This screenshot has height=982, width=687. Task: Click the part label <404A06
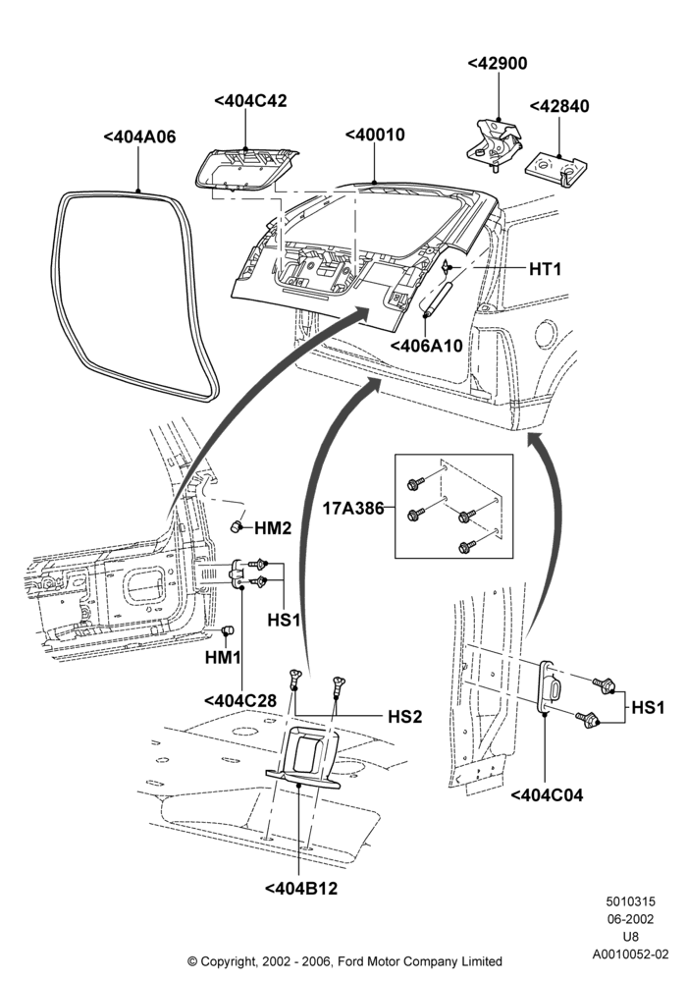pyautogui.click(x=139, y=136)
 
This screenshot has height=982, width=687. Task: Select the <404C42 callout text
pyautogui.click(x=250, y=101)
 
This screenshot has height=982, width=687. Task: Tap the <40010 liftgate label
pyautogui.click(x=375, y=135)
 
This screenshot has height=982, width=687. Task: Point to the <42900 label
pyautogui.click(x=498, y=63)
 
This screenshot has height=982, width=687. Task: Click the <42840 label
pyautogui.click(x=559, y=106)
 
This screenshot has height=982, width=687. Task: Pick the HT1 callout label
pyautogui.click(x=545, y=269)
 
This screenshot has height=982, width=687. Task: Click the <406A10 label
pyautogui.click(x=426, y=345)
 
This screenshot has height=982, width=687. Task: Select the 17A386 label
pyautogui.click(x=353, y=508)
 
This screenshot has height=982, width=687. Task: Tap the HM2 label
pyautogui.click(x=273, y=528)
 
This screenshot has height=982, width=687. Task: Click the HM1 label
pyautogui.click(x=224, y=658)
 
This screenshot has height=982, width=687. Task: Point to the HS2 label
pyautogui.click(x=404, y=717)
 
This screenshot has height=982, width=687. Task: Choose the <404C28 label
pyautogui.click(x=240, y=700)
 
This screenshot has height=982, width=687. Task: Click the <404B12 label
pyautogui.click(x=301, y=888)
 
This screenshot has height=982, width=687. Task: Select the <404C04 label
pyautogui.click(x=547, y=794)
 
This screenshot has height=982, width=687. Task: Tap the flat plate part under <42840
pyautogui.click(x=557, y=169)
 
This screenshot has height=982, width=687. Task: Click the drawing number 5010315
pyautogui.click(x=630, y=901)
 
